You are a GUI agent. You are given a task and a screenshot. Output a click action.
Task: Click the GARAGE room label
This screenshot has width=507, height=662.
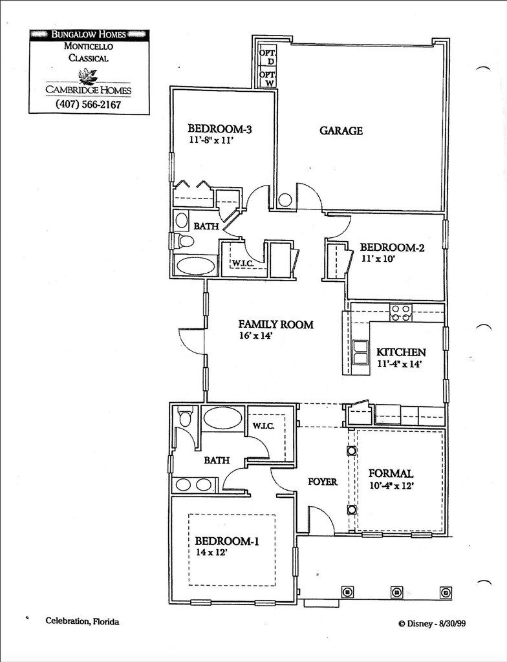pos(341,131)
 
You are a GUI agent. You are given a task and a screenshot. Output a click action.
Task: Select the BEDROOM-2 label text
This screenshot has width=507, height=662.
pos(392,247)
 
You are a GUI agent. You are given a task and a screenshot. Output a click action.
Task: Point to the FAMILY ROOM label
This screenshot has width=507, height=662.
pos(275,325)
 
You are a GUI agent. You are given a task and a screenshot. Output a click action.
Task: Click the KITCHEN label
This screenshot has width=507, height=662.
pos(401,352)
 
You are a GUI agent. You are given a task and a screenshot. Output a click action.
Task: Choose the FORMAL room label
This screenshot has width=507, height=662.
pos(390,474)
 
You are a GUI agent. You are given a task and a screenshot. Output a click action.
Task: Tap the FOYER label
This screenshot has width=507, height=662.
pos(322,482)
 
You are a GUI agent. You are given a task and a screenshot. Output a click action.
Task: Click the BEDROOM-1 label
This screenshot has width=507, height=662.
pos(227,541)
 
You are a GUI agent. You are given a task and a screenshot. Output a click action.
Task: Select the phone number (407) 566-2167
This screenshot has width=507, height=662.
pos(89,104)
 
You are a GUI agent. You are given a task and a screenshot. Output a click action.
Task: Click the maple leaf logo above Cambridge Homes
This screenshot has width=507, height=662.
pos(87,76)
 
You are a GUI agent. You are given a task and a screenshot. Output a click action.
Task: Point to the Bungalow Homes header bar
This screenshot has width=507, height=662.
pos(89,34)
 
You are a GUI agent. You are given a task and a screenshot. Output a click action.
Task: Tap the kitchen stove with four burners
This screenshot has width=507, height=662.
pos(400,313)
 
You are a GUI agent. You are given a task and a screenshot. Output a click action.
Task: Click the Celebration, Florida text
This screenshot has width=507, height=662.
pos(82,621)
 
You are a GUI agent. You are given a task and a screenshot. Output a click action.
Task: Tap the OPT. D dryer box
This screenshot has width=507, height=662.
pos(267,56)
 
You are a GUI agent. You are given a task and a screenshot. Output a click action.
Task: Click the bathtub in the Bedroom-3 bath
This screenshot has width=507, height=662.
pos(196,266)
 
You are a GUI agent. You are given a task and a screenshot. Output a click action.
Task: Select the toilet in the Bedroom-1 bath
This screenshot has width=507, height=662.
pos(185,417)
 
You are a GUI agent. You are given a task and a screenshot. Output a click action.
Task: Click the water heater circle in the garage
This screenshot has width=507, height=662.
pos(285,200)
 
